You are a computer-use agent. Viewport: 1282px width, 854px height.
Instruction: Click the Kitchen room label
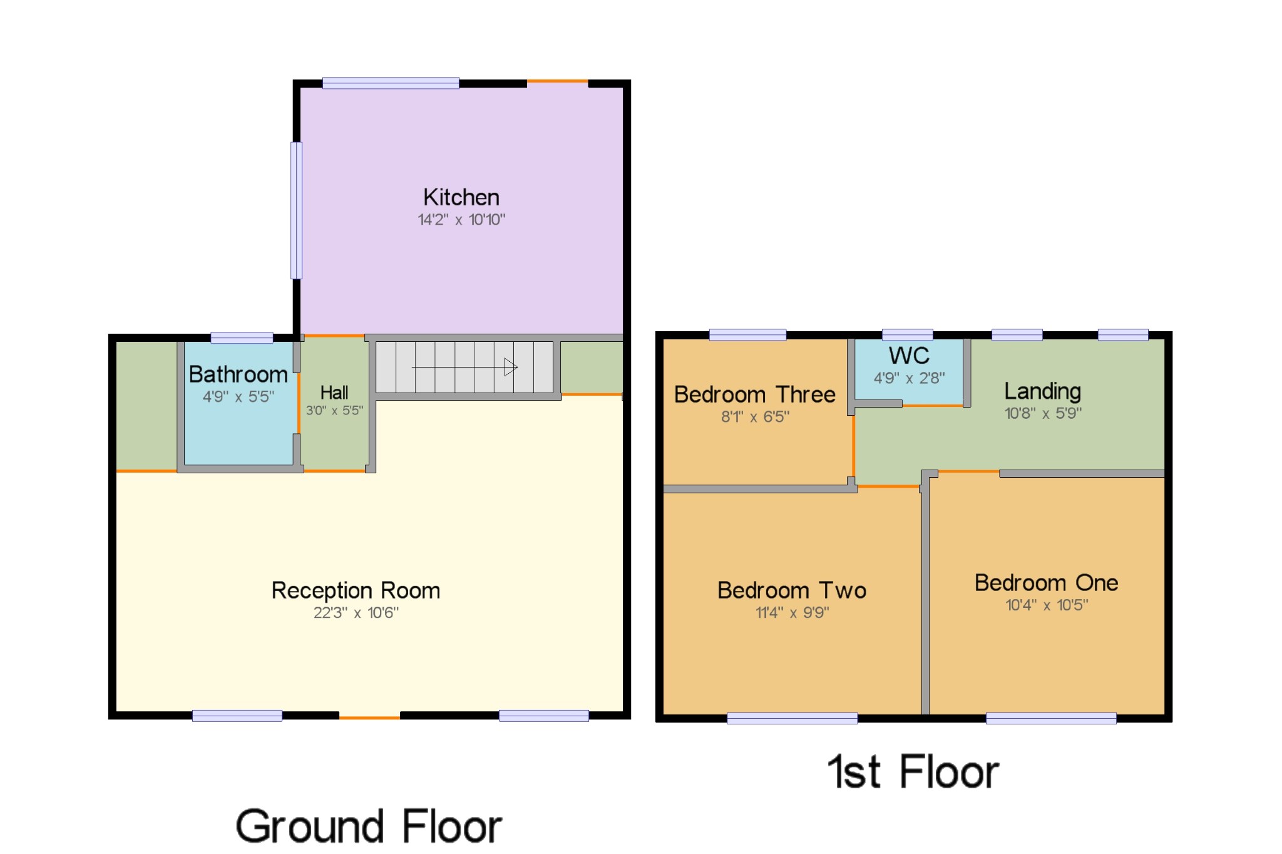tap(461, 197)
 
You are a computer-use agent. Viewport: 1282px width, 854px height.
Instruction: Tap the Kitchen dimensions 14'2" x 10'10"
tap(461, 220)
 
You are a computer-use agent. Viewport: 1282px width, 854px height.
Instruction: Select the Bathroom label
tap(238, 374)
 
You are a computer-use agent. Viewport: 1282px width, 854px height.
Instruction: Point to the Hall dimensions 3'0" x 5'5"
tap(334, 411)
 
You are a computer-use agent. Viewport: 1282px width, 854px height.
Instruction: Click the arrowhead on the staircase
tap(511, 367)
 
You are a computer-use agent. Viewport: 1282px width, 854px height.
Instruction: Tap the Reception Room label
tap(356, 590)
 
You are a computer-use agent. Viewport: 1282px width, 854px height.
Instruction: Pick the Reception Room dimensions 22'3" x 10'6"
tap(356, 612)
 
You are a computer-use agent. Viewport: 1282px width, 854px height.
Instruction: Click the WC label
tap(909, 356)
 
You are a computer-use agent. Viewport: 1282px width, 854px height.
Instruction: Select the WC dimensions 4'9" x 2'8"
tap(909, 378)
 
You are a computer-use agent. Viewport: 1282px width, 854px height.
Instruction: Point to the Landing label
tap(1042, 391)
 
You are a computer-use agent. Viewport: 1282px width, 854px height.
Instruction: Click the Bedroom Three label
tap(755, 394)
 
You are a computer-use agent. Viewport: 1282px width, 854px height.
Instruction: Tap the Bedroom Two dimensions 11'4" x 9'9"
tap(792, 612)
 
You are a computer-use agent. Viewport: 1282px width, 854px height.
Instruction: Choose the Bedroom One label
tap(1046, 583)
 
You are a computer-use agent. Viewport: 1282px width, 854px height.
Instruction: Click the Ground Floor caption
tap(369, 826)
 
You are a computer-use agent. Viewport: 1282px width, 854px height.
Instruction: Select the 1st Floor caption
tap(913, 772)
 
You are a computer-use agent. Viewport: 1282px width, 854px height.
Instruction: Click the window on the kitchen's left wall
tap(297, 210)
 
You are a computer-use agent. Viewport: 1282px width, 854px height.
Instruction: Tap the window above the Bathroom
tap(242, 338)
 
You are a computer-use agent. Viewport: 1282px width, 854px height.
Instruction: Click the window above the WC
tap(907, 335)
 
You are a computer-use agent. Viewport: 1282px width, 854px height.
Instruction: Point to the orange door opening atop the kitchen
tap(558, 81)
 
